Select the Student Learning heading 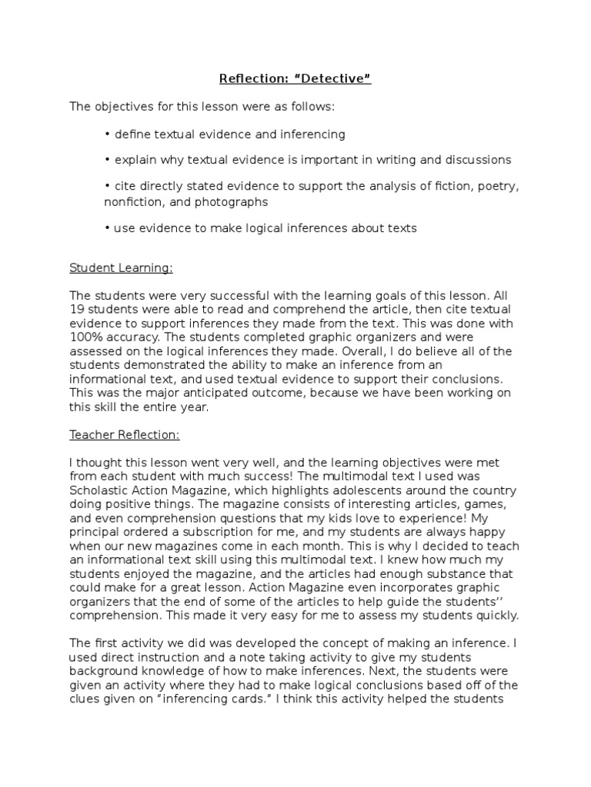coord(121,268)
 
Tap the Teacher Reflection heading coord(124,435)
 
